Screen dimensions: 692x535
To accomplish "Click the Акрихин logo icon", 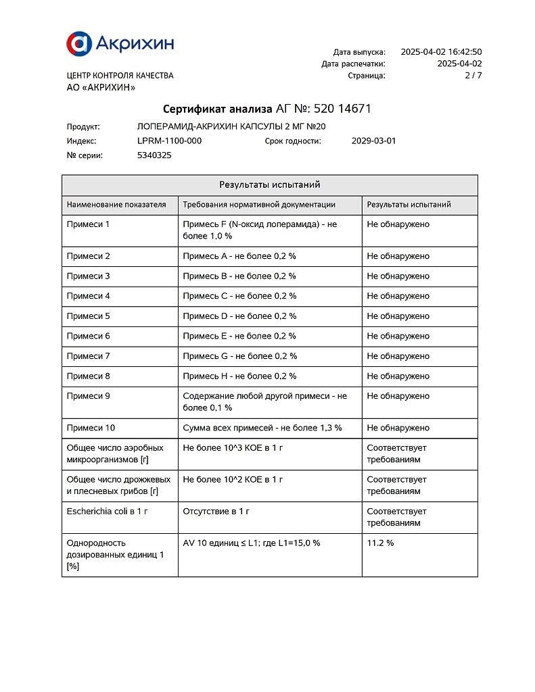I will point(79,43).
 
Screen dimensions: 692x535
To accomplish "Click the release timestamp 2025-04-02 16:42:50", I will point(441,52).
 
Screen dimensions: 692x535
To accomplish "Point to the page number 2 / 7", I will point(473,76).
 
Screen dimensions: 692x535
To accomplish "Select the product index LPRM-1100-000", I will point(169,141).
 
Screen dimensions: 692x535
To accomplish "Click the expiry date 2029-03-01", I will point(374,141).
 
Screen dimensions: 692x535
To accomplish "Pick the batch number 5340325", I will point(154,155).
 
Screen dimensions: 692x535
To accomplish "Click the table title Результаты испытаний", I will point(269,184).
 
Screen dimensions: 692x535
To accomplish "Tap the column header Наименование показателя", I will point(116,205).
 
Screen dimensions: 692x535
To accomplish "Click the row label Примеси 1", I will point(88,224).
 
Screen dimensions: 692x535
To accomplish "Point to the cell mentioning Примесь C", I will point(239,296).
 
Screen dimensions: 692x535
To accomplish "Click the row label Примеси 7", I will point(88,356).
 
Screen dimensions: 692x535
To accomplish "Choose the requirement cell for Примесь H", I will point(239,376).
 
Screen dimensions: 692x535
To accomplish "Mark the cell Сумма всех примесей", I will point(262,428).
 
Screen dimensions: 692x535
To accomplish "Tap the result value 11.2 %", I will point(380,543).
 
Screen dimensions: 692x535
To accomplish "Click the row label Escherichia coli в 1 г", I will point(107,512).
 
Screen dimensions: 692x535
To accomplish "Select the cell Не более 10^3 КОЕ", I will point(233,448).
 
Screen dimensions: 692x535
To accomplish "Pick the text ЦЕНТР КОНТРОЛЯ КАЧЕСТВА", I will point(120,76).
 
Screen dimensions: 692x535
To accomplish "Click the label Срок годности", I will point(293,141).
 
